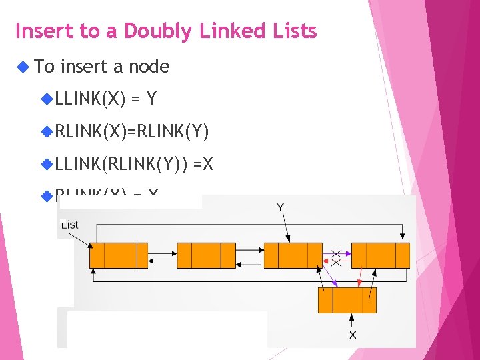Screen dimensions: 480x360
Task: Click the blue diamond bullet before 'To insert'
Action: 23,66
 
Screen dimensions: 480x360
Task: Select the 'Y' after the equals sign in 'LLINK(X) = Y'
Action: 151,99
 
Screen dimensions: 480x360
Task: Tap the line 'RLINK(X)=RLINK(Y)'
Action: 132,131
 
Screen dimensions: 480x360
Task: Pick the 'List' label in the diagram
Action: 69,225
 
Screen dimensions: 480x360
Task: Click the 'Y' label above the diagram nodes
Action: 281,207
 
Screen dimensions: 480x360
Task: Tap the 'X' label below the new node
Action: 352,335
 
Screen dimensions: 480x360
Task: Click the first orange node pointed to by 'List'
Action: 118,255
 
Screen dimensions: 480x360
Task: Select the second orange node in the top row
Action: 206,255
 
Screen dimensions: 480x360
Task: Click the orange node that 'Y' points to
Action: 293,255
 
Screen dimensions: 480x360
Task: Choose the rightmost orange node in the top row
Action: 381,255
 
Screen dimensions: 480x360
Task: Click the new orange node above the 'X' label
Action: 347,300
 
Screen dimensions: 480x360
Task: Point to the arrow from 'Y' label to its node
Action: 285,227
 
